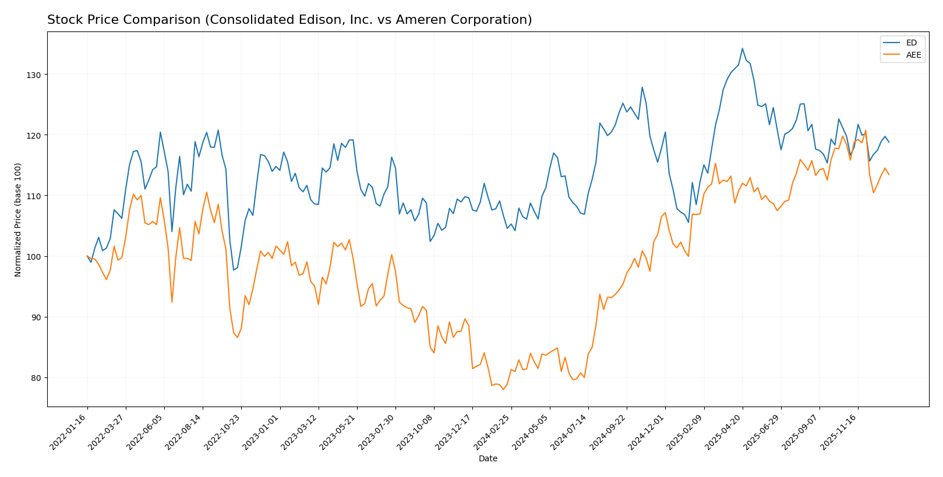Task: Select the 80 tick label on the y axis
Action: (37, 378)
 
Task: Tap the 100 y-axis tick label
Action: (35, 256)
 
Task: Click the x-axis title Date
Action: (488, 459)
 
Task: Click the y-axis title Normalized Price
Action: (18, 220)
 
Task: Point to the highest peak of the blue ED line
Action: (742, 48)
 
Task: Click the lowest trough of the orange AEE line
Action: (503, 389)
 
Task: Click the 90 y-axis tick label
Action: (37, 317)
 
